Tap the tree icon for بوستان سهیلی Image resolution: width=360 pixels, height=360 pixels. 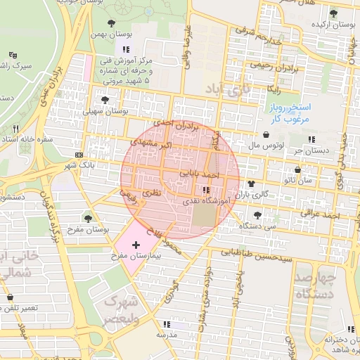(105, 100)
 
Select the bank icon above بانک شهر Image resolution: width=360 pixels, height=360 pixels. (78, 154)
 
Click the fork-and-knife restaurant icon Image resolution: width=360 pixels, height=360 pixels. (15, 129)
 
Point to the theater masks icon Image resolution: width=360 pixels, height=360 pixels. (13, 55)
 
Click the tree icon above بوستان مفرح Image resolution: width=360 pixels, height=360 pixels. (87, 218)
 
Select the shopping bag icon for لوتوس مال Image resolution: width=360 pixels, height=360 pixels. (266, 134)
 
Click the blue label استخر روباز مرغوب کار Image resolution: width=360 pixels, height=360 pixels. (292, 113)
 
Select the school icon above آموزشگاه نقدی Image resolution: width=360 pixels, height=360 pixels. (205, 190)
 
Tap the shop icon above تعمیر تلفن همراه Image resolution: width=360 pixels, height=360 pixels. (10, 297)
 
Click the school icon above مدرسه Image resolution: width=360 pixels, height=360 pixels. (167, 324)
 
